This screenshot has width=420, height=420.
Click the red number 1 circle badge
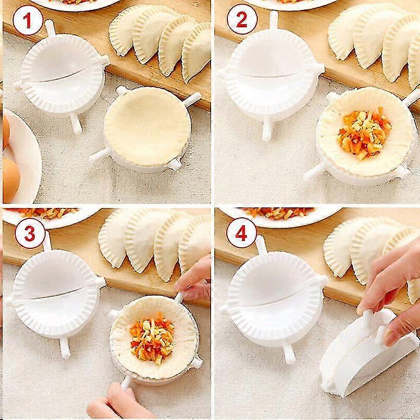click(28, 21)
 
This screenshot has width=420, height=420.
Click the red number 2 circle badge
click(242, 19)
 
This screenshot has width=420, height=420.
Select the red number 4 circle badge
click(241, 233)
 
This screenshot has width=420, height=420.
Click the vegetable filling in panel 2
click(364, 133)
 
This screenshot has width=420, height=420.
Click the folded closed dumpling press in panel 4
click(369, 353)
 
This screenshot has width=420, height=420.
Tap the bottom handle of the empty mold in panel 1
click(76, 123)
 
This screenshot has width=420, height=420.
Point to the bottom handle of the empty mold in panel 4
click(288, 353)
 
